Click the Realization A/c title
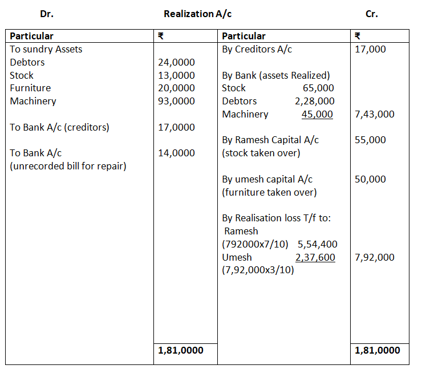[x=197, y=14]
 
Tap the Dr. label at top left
[x=47, y=14]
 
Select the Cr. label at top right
[x=371, y=14]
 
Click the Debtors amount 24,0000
[x=176, y=62]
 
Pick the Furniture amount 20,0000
[x=176, y=88]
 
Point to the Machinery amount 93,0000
[x=176, y=101]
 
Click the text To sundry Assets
[x=46, y=49]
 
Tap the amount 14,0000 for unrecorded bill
[x=176, y=153]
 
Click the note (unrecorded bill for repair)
[x=68, y=166]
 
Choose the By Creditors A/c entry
[x=257, y=49]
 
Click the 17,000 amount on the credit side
[x=370, y=49]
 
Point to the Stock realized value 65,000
[x=318, y=88]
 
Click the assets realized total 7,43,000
[x=374, y=114]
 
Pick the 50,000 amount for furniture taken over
[x=370, y=179]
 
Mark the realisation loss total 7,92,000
[x=374, y=257]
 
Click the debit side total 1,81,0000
[x=180, y=350]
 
